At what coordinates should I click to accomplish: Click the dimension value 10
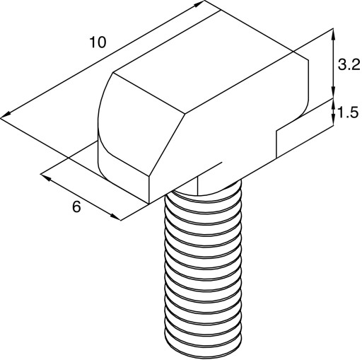tap(98, 42)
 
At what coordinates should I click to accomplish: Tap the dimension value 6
tap(76, 207)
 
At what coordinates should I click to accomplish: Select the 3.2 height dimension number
tap(349, 64)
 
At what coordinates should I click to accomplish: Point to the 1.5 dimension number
tap(348, 112)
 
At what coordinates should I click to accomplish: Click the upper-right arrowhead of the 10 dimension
tap(199, 4)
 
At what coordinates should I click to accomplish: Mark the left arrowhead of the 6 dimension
tap(46, 178)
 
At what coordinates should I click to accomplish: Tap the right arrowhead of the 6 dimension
tap(116, 217)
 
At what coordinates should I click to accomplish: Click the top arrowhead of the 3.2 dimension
tap(333, 34)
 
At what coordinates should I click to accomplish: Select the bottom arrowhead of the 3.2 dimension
tap(333, 92)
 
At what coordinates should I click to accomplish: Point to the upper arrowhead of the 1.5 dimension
tap(333, 103)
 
